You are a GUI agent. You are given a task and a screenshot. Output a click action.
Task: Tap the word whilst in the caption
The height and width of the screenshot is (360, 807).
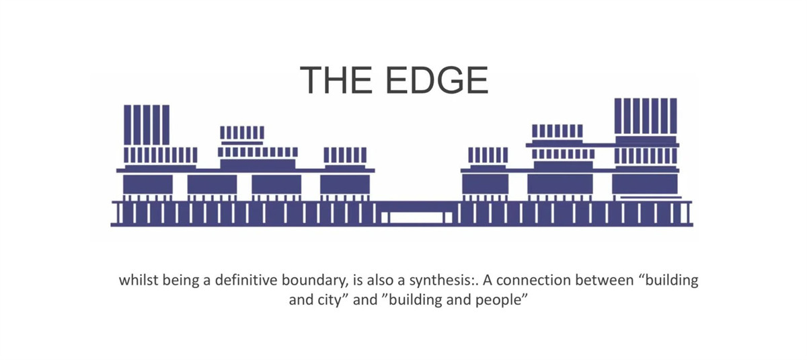[140, 280]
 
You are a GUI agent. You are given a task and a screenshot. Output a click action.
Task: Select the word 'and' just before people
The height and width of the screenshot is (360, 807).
[457, 300]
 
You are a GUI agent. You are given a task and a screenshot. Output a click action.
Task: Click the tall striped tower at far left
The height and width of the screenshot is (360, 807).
[147, 124]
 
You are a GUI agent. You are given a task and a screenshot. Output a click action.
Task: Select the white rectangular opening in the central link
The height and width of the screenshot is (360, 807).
[417, 217]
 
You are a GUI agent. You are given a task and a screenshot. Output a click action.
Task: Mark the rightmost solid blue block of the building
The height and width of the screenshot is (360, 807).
[644, 184]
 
